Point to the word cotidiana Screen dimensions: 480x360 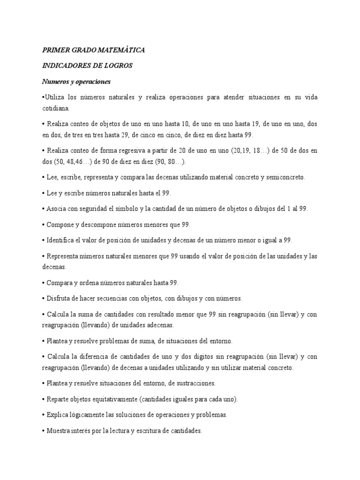pos(55,108)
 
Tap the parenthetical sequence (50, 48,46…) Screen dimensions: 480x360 pos(73,161)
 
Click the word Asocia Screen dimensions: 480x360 pos(56,209)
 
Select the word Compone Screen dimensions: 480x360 pos(59,225)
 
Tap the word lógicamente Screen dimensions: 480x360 pos(90,415)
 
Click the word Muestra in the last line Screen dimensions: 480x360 pos(58,431)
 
